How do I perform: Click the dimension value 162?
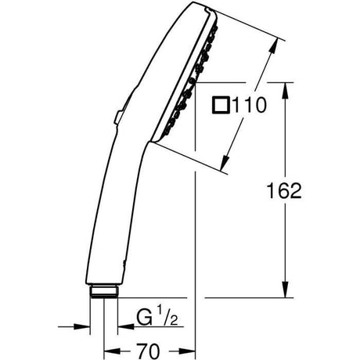tap(284, 190)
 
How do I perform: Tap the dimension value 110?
tap(250, 105)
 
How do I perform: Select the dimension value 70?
tap(148, 351)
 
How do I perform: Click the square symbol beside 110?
tap(221, 105)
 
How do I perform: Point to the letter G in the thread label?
tap(145, 317)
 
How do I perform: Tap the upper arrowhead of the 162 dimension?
tap(285, 91)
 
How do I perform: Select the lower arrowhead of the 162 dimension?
tap(285, 290)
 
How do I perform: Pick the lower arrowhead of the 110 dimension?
tap(224, 162)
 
